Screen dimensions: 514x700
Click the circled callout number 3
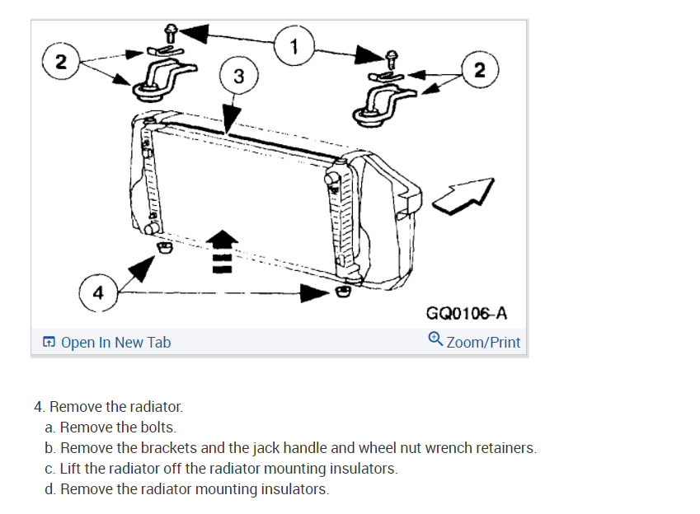pyautogui.click(x=237, y=77)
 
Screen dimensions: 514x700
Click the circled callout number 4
pyautogui.click(x=98, y=292)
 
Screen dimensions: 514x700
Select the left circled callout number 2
pyautogui.click(x=57, y=61)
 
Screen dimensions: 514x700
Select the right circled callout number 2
pyautogui.click(x=480, y=69)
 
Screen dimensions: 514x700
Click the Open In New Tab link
pyautogui.click(x=115, y=342)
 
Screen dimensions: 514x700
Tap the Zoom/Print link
pyautogui.click(x=483, y=342)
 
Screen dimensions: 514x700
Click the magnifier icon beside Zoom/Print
pyautogui.click(x=435, y=339)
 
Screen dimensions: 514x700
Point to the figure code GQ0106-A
pyautogui.click(x=466, y=313)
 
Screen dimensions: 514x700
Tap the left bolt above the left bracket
pyautogui.click(x=170, y=32)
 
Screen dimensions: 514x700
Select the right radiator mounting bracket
pyautogui.click(x=378, y=102)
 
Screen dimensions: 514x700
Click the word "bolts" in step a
pyautogui.click(x=160, y=428)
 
